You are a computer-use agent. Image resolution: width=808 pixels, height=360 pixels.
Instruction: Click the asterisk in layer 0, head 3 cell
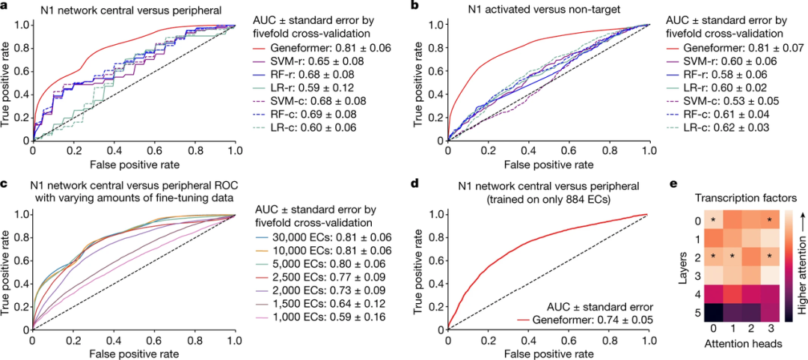point(769,221)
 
